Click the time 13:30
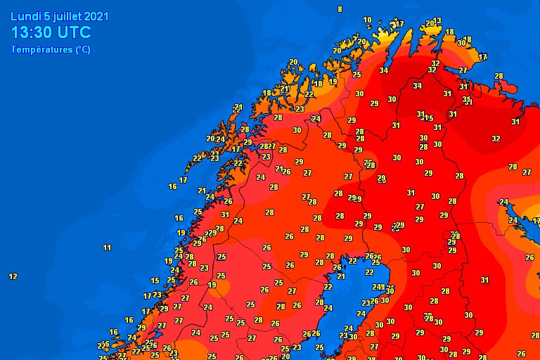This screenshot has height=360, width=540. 32,32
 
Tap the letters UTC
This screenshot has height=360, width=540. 74,32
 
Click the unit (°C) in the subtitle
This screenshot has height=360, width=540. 82,49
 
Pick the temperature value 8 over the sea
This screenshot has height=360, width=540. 340,9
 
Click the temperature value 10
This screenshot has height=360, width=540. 367,20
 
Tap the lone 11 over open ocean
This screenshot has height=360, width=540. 107,247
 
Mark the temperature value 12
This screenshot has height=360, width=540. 13,276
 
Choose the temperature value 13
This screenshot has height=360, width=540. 437,21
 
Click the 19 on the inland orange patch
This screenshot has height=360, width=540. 212,285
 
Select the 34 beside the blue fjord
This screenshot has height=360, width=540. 383,70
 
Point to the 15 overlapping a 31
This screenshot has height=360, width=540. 429,117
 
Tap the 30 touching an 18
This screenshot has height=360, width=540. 461,43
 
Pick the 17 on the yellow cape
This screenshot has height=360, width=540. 399,24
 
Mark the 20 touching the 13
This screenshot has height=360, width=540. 430,24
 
